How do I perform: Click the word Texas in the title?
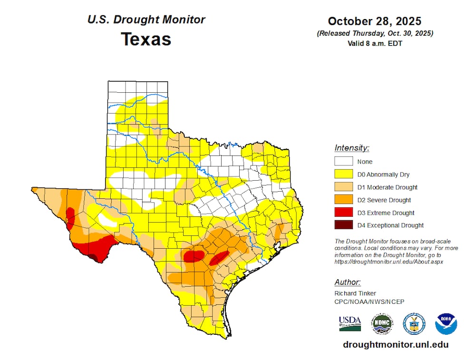[146, 39]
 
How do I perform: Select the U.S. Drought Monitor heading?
[146, 19]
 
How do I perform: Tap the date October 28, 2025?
[374, 21]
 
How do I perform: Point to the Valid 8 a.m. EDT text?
[374, 42]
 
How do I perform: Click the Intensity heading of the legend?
[352, 148]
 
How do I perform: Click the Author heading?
[347, 282]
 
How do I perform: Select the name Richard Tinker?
[355, 293]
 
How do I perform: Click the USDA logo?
[350, 323]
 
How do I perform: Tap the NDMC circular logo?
[382, 324]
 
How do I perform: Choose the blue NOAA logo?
[446, 324]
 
